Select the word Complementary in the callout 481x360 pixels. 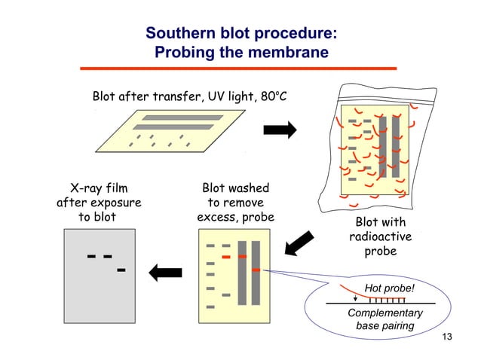(385, 313)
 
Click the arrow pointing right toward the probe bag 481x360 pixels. (279, 130)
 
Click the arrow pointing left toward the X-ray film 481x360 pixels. (167, 273)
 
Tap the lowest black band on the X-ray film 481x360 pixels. (121, 269)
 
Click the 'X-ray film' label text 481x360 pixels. (99, 188)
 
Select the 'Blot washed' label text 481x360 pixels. (235, 188)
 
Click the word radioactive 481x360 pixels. (380, 236)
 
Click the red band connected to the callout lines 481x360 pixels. (256, 269)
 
